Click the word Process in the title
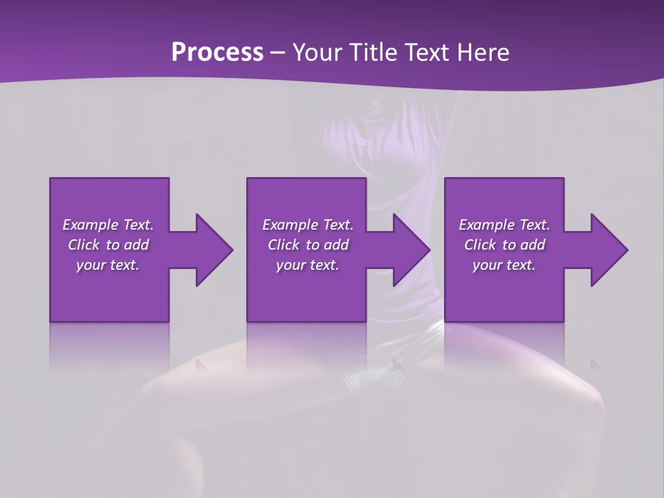click(x=217, y=53)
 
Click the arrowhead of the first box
click(x=212, y=250)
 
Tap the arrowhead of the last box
click(x=607, y=250)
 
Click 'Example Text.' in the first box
click(x=108, y=225)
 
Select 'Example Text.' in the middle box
click(x=307, y=225)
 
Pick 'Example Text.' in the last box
click(x=504, y=225)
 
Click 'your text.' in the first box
click(x=108, y=265)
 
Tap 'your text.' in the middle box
click(x=307, y=265)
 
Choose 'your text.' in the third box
click(x=504, y=265)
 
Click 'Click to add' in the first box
click(x=108, y=245)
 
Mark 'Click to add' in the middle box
click(x=307, y=245)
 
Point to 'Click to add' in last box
click(x=504, y=245)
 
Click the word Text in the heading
click(x=430, y=53)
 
